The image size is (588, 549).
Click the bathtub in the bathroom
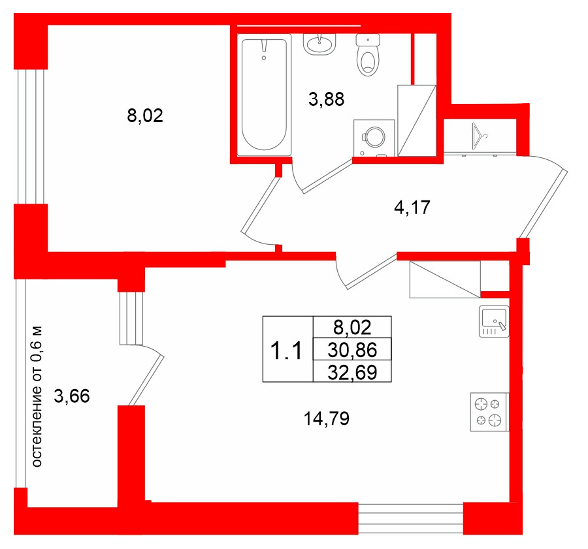point(265,95)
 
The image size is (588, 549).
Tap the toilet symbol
point(368,55)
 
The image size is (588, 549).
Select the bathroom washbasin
point(319,44)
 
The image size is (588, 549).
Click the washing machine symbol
point(374,138)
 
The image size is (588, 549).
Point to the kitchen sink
point(494,321)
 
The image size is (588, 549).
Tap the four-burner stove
point(489,412)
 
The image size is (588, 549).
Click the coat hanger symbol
point(479,136)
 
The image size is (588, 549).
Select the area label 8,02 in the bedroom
point(145,116)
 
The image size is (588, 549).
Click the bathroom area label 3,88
point(326,100)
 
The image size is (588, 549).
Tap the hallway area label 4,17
point(412,207)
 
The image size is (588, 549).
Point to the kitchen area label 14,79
point(326,418)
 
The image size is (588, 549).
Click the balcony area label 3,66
point(72,396)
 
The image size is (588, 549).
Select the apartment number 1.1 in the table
point(286,351)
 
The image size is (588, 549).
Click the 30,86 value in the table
point(352,350)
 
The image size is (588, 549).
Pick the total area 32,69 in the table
point(352,373)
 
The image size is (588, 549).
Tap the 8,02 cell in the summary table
point(352,328)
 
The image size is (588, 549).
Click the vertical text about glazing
point(37,396)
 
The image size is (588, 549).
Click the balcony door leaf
point(146,380)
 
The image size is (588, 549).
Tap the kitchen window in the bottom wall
point(411,519)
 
